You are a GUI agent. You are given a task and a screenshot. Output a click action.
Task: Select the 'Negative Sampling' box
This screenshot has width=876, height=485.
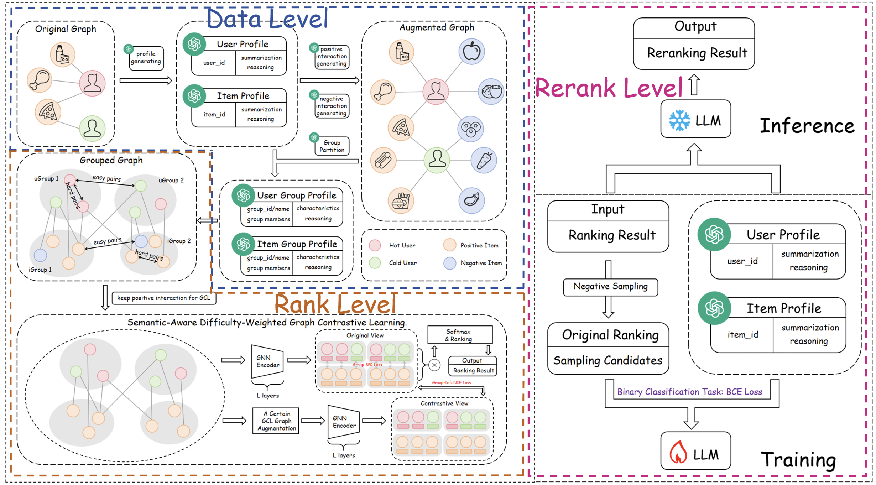click(x=610, y=287)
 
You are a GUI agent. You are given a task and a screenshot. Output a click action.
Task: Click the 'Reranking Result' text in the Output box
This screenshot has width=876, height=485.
click(x=697, y=53)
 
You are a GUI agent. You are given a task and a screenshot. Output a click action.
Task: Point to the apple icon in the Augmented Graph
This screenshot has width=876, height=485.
click(x=471, y=52)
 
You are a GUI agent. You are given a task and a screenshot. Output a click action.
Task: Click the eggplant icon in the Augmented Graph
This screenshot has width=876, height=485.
click(x=471, y=200)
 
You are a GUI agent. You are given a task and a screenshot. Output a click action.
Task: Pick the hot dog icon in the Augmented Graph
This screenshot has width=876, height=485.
click(x=383, y=160)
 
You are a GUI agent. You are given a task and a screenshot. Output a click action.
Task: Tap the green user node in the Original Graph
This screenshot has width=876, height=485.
click(x=92, y=128)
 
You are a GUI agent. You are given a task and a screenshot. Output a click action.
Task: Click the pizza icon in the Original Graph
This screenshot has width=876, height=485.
click(x=48, y=112)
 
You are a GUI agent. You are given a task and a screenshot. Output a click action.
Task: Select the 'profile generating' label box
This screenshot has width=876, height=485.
click(x=146, y=58)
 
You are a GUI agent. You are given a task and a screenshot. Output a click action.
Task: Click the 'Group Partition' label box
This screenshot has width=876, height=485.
click(x=332, y=146)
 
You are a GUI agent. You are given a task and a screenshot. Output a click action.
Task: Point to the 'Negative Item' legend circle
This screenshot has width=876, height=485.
click(x=450, y=263)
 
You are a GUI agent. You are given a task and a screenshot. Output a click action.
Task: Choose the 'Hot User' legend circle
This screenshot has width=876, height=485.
click(x=375, y=245)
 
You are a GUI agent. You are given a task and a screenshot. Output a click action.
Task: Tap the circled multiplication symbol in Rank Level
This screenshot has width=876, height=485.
click(x=434, y=365)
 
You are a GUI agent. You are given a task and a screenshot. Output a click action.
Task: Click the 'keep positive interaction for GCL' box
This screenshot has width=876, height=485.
click(x=163, y=298)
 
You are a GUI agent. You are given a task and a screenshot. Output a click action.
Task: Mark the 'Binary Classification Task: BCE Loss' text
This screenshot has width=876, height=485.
click(x=689, y=392)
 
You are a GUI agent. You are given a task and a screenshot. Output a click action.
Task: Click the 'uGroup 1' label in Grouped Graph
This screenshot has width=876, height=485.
click(x=46, y=179)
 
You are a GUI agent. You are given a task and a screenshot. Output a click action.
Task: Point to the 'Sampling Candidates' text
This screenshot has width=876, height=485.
click(x=608, y=361)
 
